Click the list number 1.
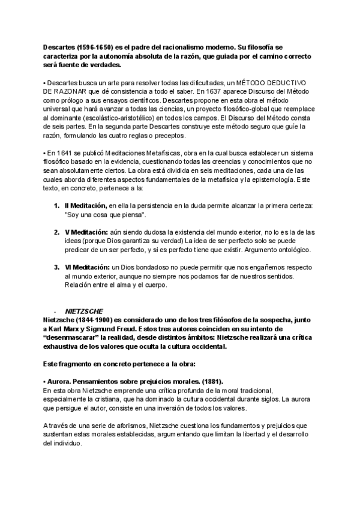[57, 206]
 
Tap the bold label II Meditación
[86, 206]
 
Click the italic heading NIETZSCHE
[83, 311]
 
